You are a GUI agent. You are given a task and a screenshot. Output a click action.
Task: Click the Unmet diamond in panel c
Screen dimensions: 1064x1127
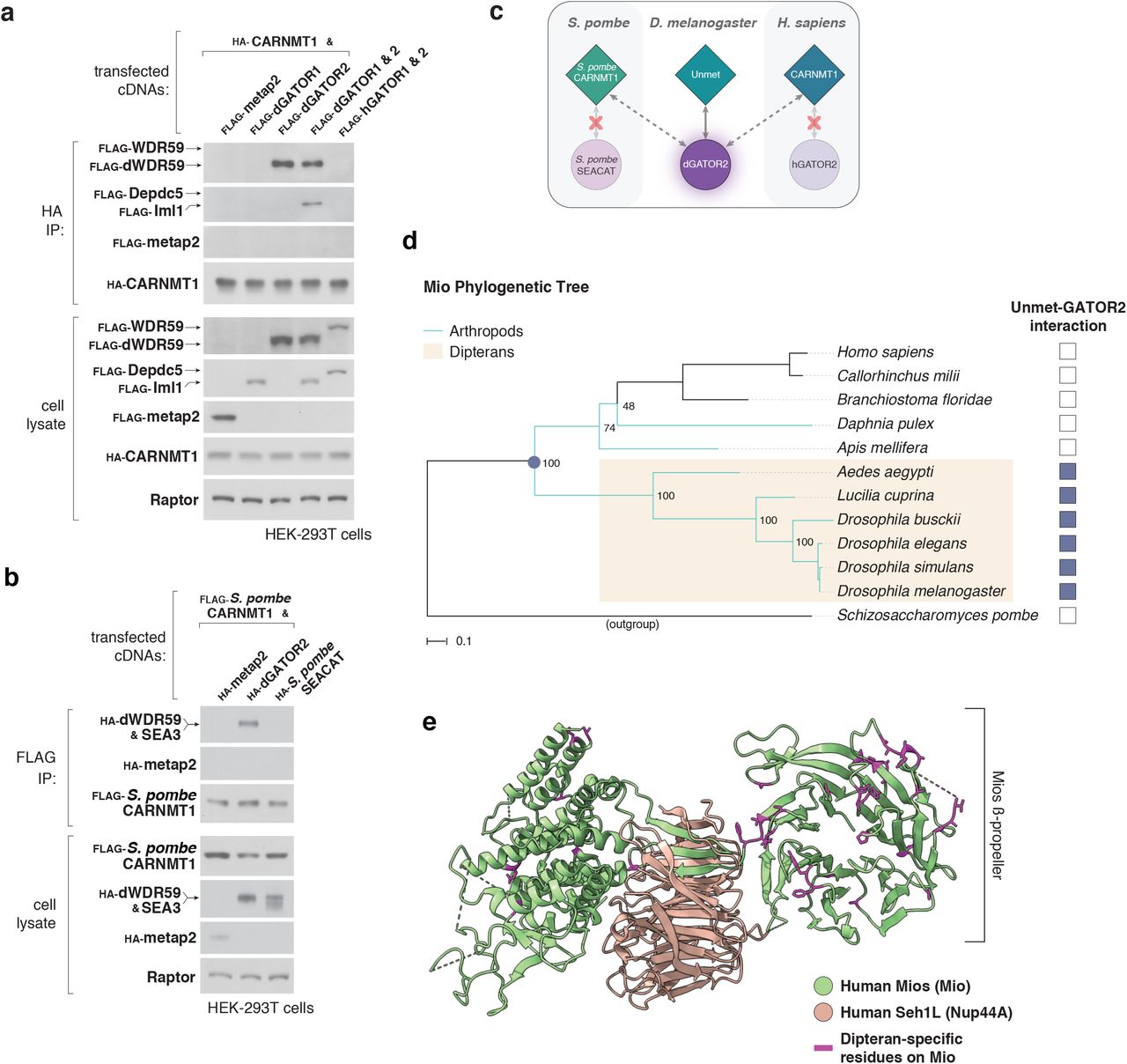[705, 75]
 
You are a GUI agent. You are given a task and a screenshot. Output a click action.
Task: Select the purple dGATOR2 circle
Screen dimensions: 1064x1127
[705, 164]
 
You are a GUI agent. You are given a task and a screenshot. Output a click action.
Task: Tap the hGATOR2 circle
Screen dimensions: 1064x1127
[814, 165]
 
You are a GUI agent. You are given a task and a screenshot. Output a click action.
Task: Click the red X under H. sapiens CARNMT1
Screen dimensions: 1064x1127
[814, 121]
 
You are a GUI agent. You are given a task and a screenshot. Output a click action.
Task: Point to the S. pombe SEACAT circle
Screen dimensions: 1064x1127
[596, 165]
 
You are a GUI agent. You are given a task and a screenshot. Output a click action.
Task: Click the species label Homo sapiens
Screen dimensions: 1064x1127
[885, 352]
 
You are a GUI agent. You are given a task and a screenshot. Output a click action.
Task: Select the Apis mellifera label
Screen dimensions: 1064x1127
[882, 447]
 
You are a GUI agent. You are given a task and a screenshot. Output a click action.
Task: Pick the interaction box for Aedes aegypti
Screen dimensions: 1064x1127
[1067, 471]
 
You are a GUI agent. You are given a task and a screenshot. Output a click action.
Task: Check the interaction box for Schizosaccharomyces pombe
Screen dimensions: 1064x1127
[1067, 615]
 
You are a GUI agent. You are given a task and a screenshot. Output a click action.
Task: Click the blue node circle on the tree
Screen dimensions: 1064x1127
[534, 462]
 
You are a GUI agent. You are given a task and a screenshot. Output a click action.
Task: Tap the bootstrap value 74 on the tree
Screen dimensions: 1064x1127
[609, 428]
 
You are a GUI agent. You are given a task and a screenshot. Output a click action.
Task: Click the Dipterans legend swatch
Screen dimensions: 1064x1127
[432, 352]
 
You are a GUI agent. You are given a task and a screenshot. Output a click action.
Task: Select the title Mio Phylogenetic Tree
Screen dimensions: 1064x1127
[505, 287]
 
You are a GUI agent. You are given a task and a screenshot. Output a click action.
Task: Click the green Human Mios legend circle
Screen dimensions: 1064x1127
[823, 986]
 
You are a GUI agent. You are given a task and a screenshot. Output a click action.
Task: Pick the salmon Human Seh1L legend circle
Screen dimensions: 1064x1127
[823, 1012]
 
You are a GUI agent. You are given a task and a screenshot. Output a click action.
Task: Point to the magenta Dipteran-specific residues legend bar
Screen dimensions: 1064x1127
[823, 1047]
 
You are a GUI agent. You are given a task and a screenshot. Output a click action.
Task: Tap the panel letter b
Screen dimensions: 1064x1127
[11, 577]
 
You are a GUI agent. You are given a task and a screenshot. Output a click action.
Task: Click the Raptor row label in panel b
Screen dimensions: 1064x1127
[171, 977]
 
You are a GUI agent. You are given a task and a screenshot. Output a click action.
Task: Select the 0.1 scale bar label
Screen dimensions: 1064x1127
[463, 641]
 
